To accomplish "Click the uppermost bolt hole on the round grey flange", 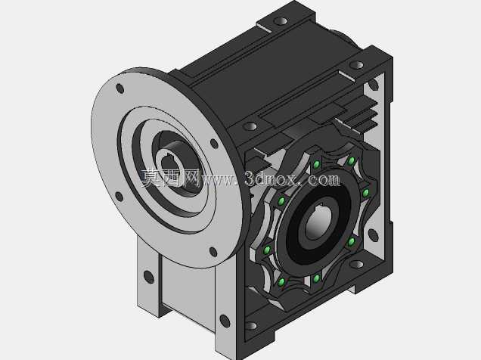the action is click(120, 88).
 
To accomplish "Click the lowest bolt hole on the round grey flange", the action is click(213, 252).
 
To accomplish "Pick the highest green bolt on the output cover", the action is click(352, 160).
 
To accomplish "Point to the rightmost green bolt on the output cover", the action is click(365, 193).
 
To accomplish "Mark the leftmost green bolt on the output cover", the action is click(267, 250).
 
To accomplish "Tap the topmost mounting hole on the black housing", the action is click(281, 21).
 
